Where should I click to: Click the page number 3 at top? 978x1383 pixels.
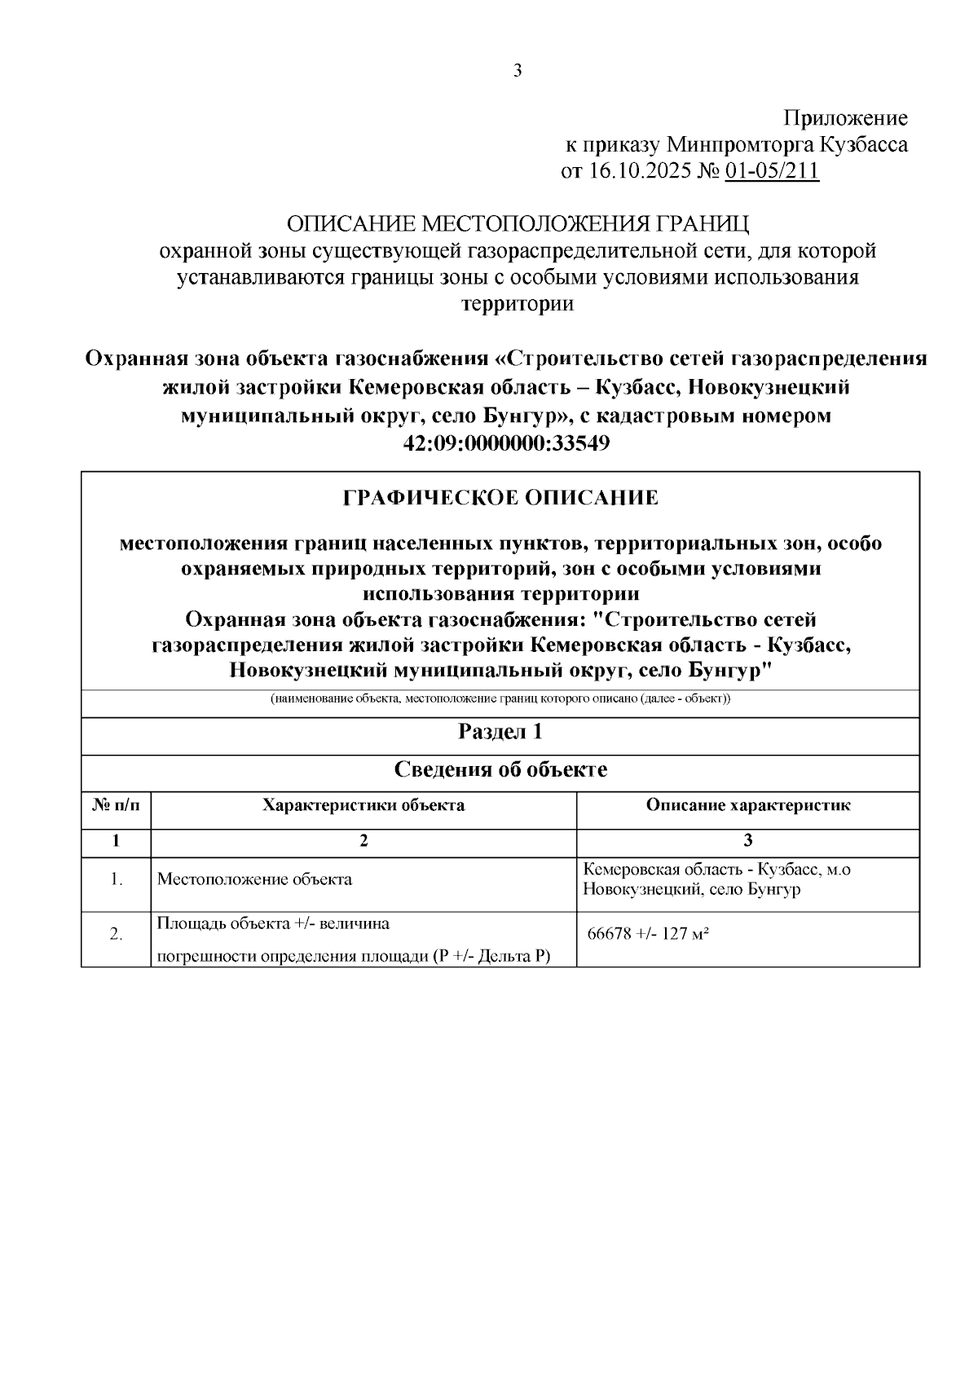pyautogui.click(x=518, y=71)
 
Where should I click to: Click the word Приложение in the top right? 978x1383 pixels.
pyautogui.click(x=845, y=118)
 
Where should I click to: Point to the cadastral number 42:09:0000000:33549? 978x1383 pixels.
pyautogui.click(x=506, y=443)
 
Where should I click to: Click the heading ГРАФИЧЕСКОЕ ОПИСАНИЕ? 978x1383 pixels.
pyautogui.click(x=500, y=498)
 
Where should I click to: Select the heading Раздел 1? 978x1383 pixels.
pyautogui.click(x=500, y=732)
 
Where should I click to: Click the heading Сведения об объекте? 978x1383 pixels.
pyautogui.click(x=500, y=769)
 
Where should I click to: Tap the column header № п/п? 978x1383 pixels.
pyautogui.click(x=116, y=805)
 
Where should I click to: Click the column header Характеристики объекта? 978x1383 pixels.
pyautogui.click(x=363, y=805)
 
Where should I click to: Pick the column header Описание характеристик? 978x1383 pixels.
pyautogui.click(x=748, y=805)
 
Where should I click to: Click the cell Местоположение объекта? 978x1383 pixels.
pyautogui.click(x=255, y=879)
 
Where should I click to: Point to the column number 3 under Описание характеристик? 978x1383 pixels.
pyautogui.click(x=748, y=840)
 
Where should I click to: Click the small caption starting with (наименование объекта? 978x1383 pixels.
pyautogui.click(x=500, y=699)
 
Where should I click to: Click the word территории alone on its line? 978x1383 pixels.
pyautogui.click(x=518, y=304)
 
